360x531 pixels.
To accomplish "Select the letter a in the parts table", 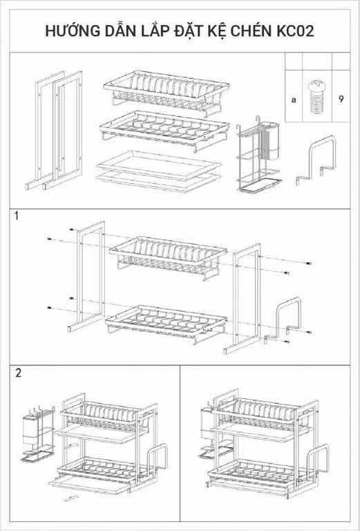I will pos(294,100).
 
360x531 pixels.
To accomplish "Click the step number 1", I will pos(17,216).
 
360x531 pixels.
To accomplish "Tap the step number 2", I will pos(18,373).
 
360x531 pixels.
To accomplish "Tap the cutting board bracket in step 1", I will pos(289,319).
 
